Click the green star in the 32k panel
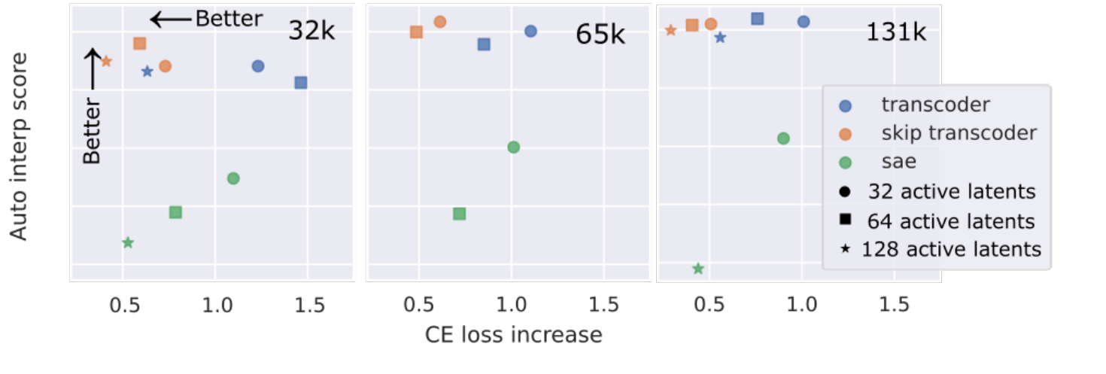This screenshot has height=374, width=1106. (128, 242)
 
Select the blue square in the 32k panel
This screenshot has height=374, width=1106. (301, 83)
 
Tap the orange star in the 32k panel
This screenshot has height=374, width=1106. (106, 61)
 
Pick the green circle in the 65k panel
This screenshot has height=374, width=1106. (514, 147)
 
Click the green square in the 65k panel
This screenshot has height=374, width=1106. (460, 214)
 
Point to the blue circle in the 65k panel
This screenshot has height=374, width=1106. (530, 31)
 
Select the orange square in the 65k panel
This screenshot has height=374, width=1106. (416, 32)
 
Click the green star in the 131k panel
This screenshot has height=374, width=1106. (697, 269)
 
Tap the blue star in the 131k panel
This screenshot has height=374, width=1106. (720, 38)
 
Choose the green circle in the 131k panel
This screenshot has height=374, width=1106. (783, 138)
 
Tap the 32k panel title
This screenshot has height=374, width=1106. (311, 32)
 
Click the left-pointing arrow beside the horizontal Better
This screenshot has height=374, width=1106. (170, 19)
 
